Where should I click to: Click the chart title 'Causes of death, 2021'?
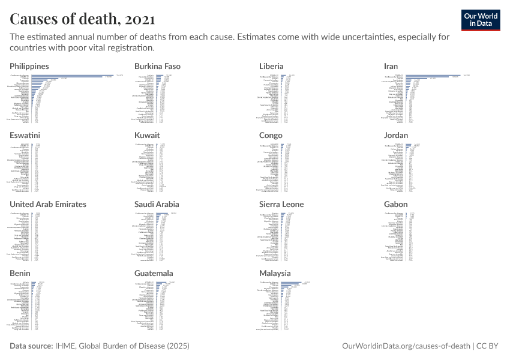(82, 19)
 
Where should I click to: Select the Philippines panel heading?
(29, 66)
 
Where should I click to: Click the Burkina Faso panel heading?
(157, 66)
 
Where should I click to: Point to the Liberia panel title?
(271, 66)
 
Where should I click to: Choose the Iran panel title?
(391, 66)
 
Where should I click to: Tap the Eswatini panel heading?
(25, 135)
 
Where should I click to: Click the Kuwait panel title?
(147, 135)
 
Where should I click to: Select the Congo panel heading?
(271, 135)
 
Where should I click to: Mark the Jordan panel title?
(395, 135)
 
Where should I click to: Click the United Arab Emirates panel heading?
(48, 204)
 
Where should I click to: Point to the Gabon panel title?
(395, 204)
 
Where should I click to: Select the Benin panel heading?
(21, 273)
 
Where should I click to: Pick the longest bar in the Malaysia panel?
(290, 282)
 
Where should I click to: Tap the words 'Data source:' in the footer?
(31, 346)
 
